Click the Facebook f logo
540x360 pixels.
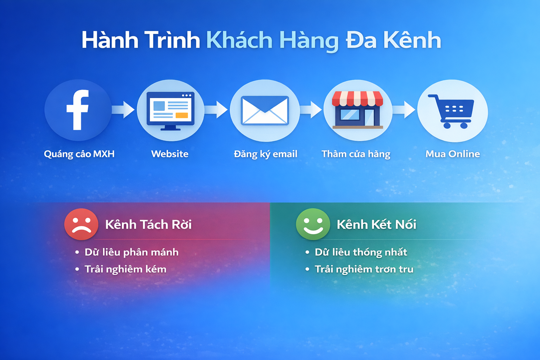click(78, 110)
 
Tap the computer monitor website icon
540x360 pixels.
click(171, 111)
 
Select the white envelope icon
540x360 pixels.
click(265, 110)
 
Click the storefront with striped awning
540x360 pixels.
click(357, 110)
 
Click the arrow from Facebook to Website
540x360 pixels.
click(123, 110)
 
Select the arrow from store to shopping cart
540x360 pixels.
click(404, 110)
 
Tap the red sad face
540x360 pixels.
click(81, 224)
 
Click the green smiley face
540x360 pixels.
click(313, 224)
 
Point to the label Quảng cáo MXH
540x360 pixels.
click(79, 154)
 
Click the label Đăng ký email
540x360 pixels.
click(265, 154)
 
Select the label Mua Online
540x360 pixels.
click(452, 154)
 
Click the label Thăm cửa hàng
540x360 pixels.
click(356, 154)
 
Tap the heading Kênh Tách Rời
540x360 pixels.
click(148, 224)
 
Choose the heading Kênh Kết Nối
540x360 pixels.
click(376, 224)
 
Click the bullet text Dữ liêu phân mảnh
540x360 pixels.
click(131, 252)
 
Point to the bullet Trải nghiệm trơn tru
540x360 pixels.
click(364, 269)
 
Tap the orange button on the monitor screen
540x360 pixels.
click(182, 115)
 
